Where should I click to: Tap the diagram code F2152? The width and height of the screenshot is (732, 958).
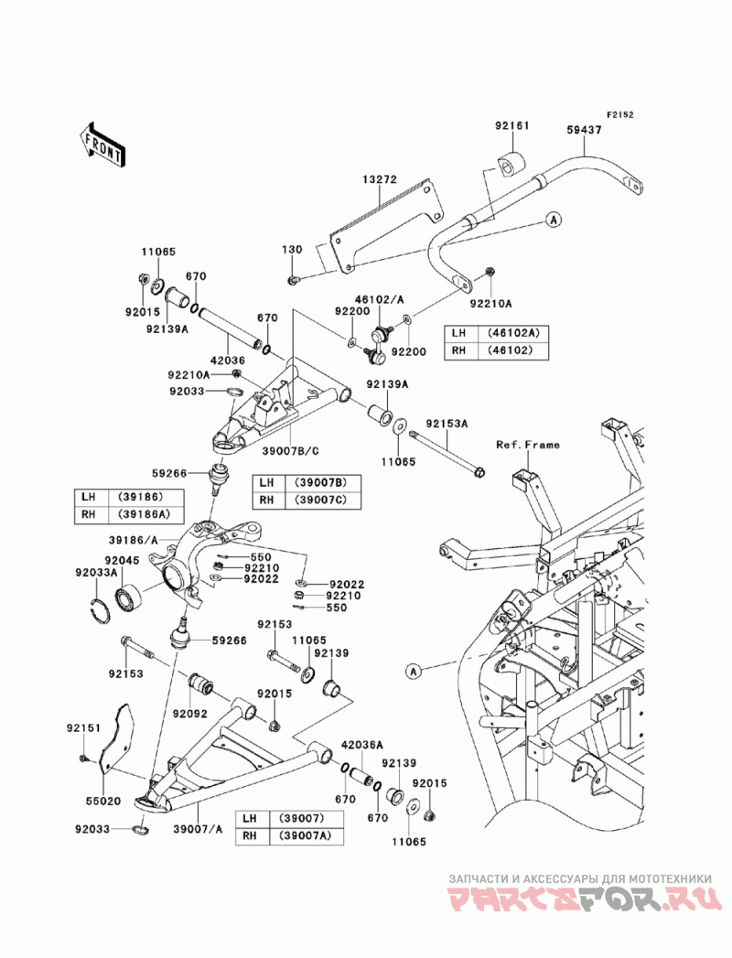click(x=619, y=115)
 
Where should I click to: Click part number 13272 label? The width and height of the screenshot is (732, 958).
click(x=380, y=179)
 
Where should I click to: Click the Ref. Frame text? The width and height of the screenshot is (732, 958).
click(x=527, y=444)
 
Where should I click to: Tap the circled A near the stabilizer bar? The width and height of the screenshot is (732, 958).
click(x=554, y=220)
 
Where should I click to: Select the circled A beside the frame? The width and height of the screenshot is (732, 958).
click(x=414, y=672)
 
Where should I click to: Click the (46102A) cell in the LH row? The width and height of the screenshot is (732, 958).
click(x=513, y=334)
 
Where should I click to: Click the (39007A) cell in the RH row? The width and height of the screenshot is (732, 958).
click(x=305, y=835)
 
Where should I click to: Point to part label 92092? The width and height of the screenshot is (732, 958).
click(x=190, y=713)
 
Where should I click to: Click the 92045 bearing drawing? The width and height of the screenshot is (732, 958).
click(x=128, y=596)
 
